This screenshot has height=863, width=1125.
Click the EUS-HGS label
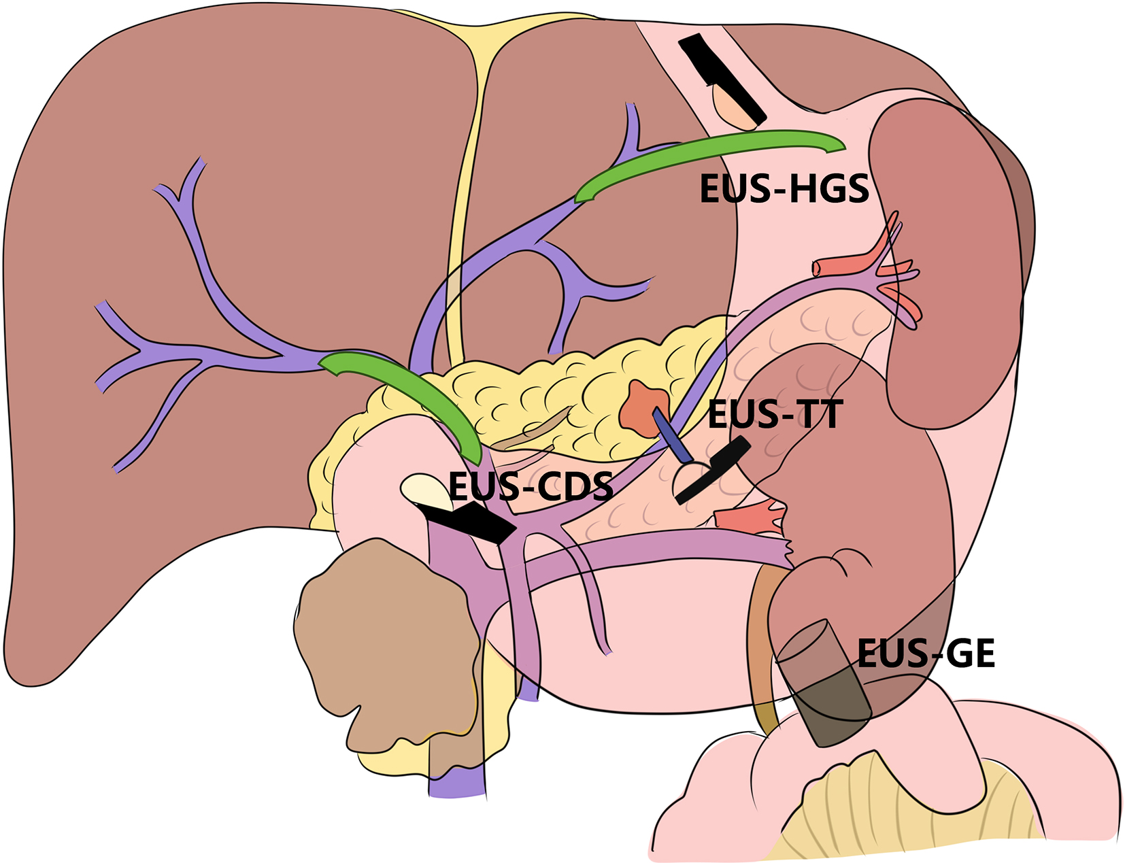(x=784, y=189)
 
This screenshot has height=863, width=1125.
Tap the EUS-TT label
(x=775, y=414)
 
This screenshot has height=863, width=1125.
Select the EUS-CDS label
(x=531, y=486)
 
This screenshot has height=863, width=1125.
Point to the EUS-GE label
(x=926, y=654)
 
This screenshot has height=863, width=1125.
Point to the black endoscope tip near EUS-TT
(x=714, y=469)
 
